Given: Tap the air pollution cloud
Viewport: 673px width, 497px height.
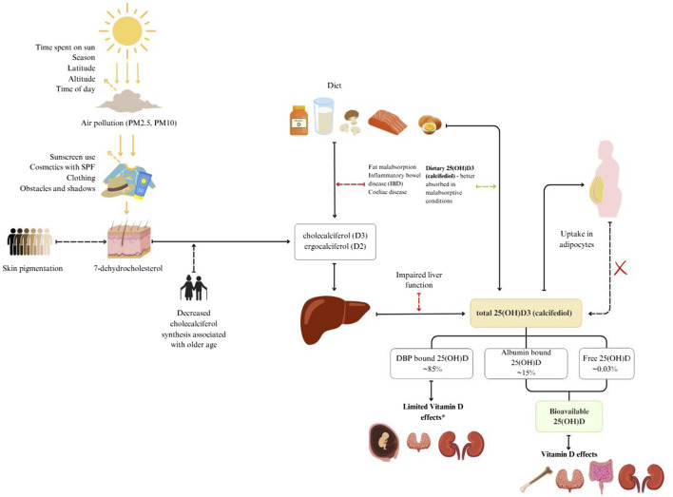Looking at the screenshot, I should pyautogui.click(x=133, y=103).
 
